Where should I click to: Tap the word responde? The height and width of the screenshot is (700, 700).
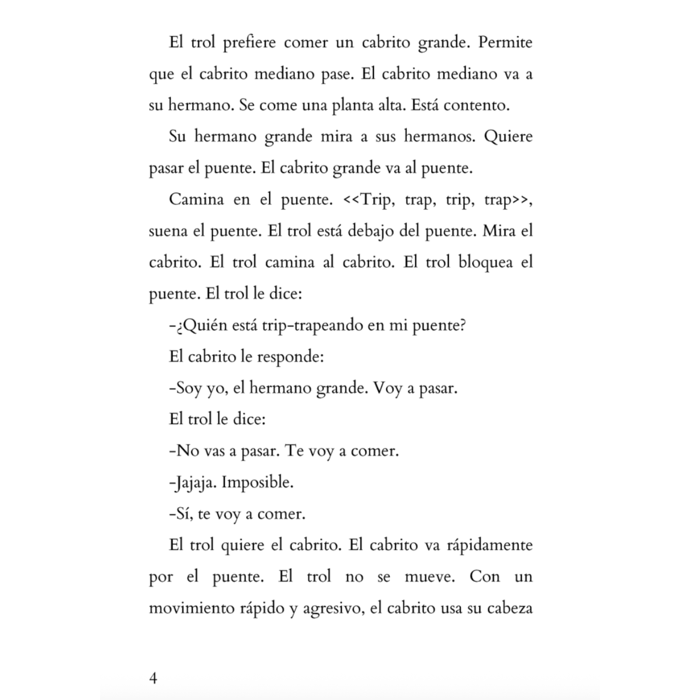tap(290, 357)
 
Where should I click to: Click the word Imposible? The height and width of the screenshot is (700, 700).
tap(258, 483)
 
